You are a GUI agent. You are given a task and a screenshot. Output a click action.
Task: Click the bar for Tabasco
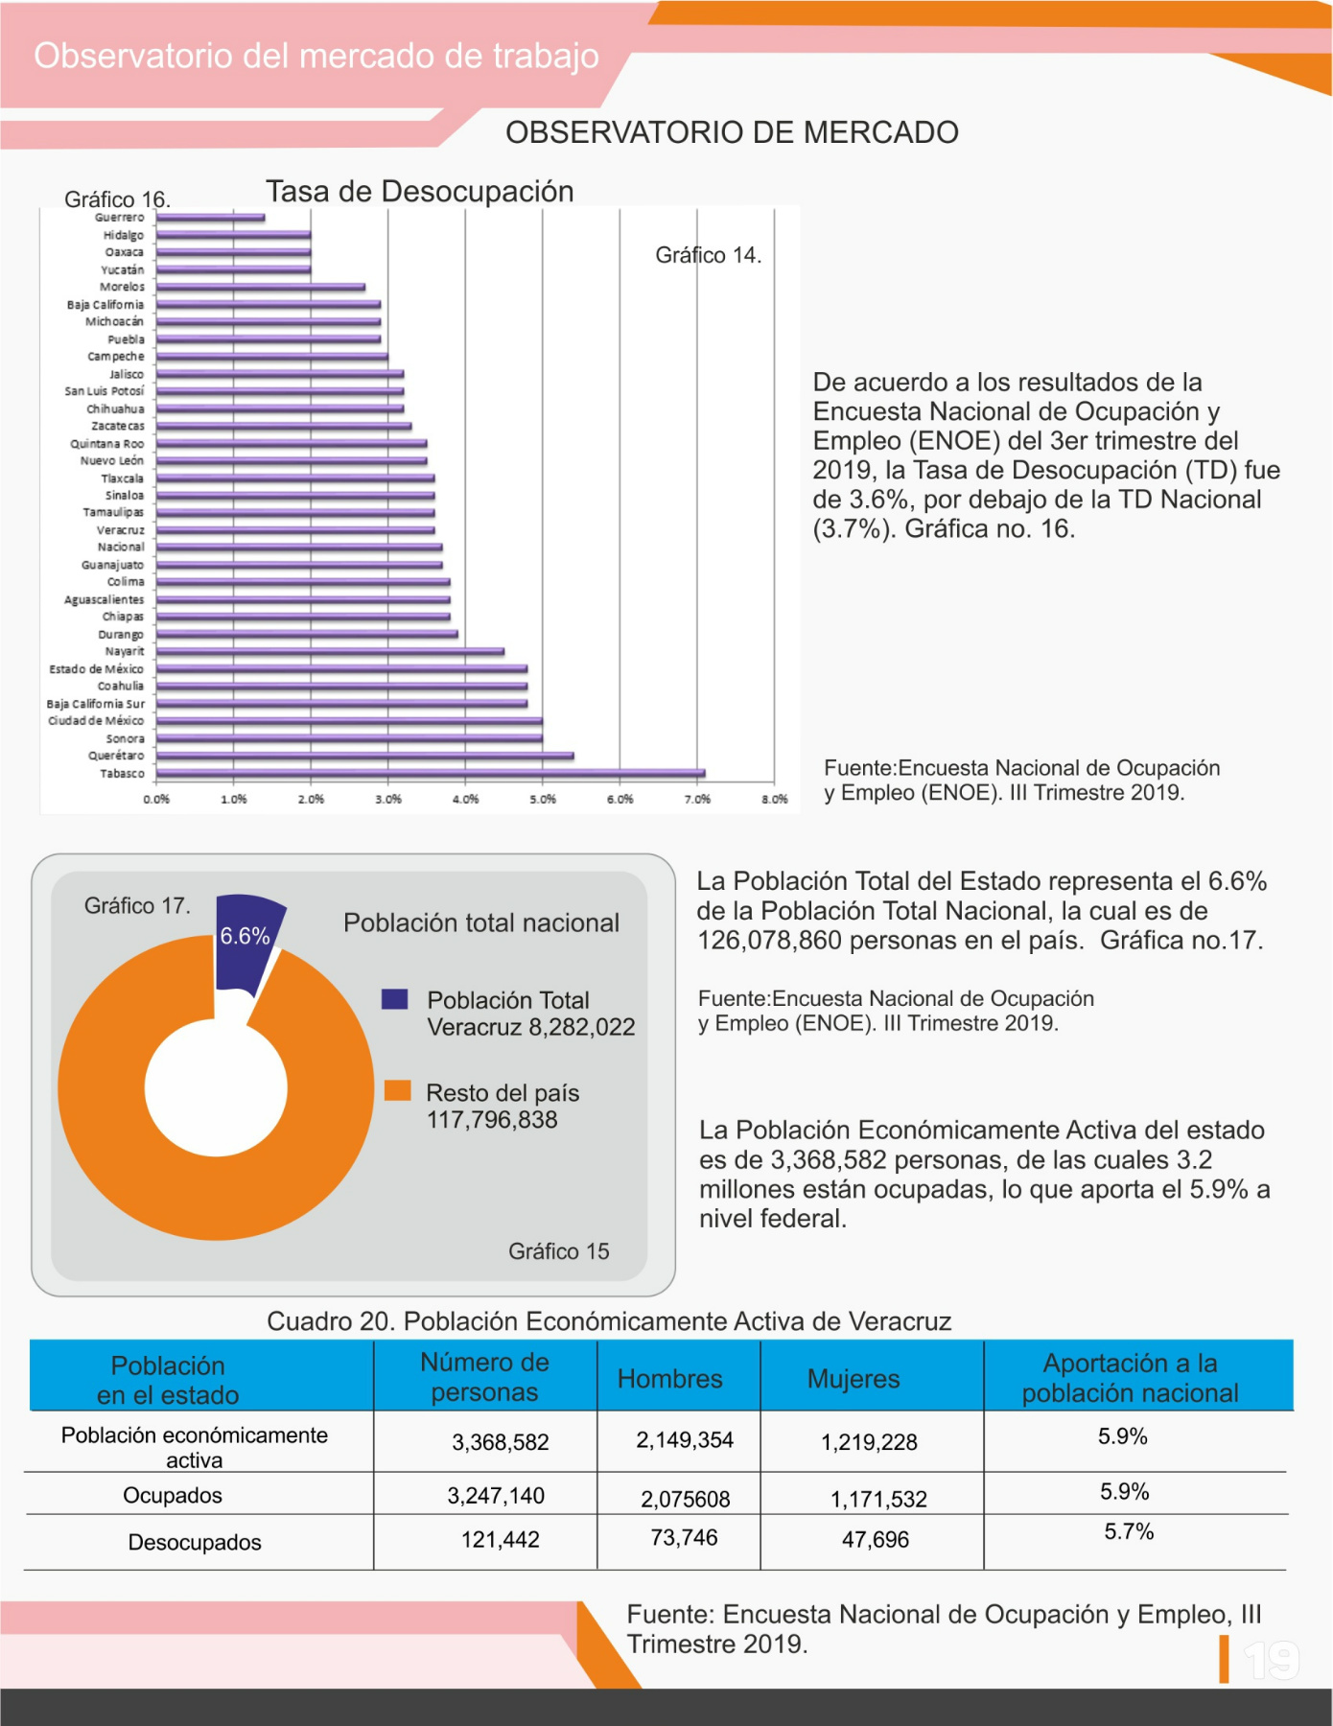[x=431, y=773]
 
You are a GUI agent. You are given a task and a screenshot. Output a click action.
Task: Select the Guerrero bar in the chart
[x=211, y=218]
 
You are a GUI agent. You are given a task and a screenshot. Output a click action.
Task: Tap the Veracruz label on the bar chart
[x=121, y=530]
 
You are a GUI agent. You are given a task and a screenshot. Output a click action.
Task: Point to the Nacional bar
[x=299, y=548]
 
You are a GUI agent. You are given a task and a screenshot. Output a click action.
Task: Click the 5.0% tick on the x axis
[x=543, y=800]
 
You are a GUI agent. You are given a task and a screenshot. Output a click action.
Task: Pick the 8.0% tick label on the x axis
[x=775, y=800]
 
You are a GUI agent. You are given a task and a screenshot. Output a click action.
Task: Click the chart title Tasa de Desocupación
[x=420, y=192]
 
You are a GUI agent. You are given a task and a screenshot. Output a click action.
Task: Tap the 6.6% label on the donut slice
[x=245, y=936]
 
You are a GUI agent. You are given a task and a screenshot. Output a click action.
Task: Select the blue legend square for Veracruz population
[x=395, y=999]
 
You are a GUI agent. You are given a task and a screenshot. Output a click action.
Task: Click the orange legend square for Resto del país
[x=397, y=1091]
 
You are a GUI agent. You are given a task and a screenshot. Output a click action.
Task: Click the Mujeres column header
[x=854, y=1379]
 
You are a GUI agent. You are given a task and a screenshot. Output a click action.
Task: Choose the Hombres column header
[x=670, y=1379]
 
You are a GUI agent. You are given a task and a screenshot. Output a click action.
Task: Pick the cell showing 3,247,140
[x=496, y=1496]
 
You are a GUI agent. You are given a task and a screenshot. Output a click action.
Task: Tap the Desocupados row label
[x=195, y=1542]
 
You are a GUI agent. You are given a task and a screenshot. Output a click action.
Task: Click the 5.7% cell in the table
[x=1129, y=1531]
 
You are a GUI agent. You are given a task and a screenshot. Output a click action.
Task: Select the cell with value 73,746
[x=684, y=1538]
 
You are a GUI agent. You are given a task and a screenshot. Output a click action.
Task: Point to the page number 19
[x=1272, y=1660]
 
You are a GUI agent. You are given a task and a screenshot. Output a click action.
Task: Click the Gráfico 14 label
[x=709, y=255]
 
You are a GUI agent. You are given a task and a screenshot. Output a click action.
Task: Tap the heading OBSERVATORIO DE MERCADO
[x=732, y=132]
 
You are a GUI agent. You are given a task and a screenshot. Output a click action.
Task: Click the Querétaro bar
[x=365, y=756]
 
